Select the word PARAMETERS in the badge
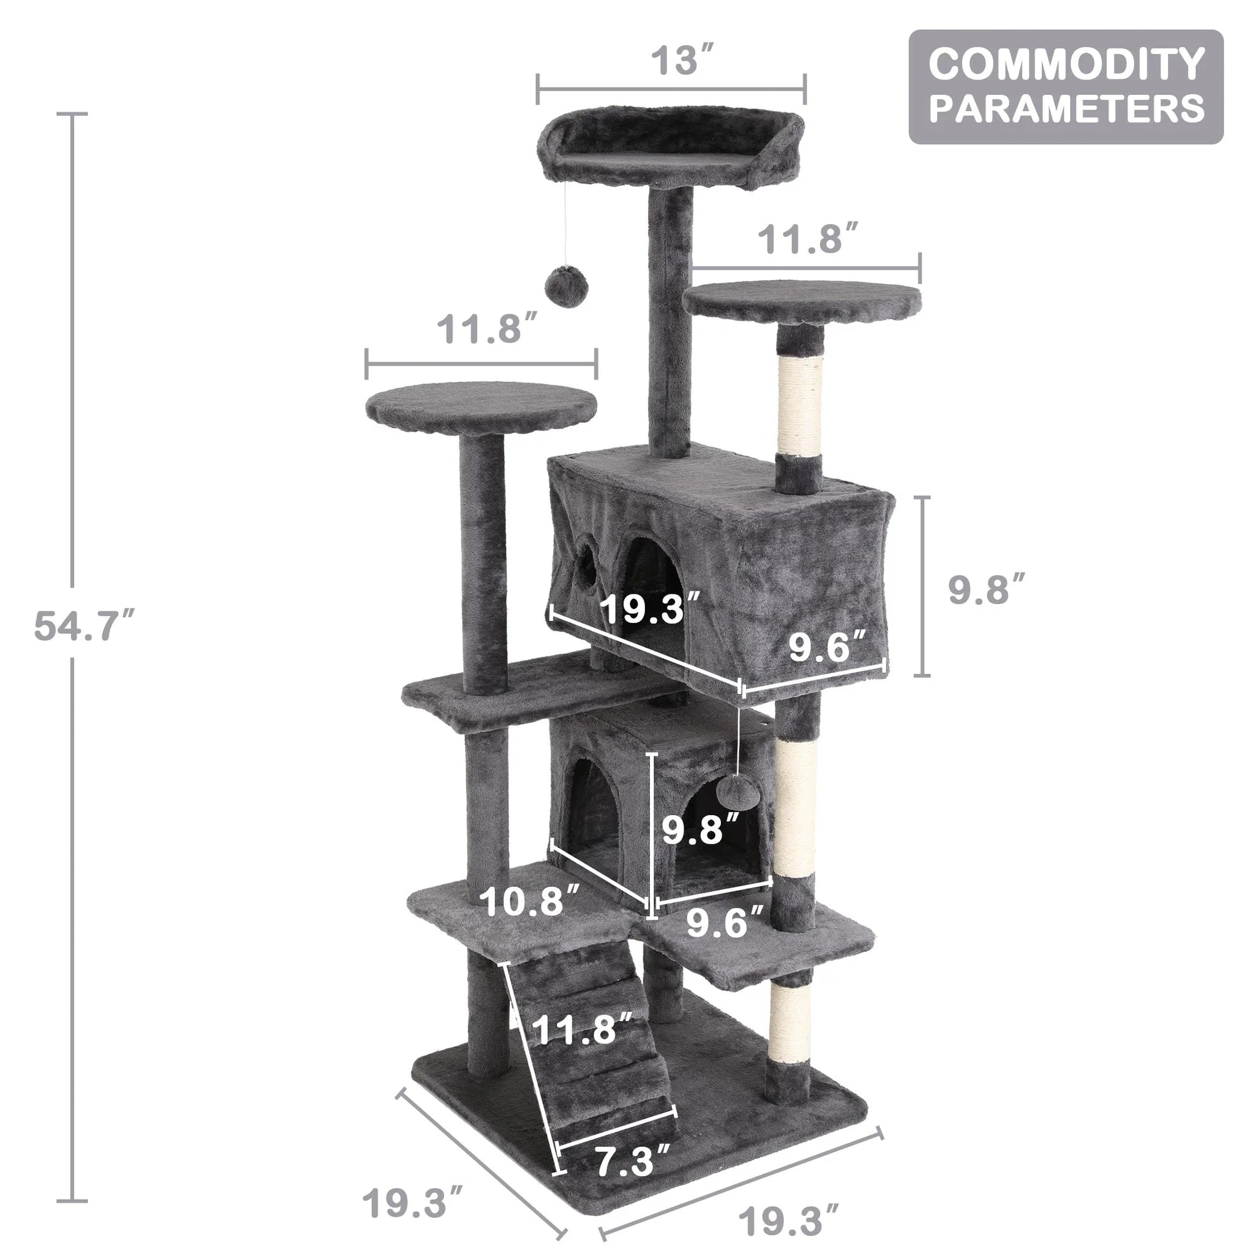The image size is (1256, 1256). [x=1066, y=108]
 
